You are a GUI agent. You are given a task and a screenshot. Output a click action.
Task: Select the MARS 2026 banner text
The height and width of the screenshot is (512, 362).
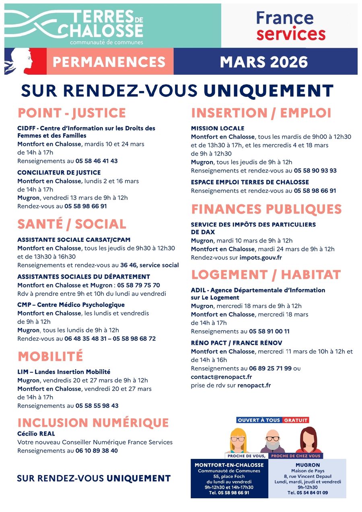coord(264,62)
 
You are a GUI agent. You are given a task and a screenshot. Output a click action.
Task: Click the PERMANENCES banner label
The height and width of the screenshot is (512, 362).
coord(109,62)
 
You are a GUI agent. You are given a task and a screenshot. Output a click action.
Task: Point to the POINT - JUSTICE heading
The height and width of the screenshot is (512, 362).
coord(72,113)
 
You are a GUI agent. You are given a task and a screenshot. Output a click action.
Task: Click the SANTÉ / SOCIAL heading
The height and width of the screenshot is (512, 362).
coord(72,224)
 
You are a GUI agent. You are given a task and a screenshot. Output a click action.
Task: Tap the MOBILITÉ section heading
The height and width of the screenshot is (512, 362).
coord(50,356)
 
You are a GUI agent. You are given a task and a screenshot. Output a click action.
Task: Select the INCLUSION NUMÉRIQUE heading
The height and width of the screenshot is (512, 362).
coord(93,423)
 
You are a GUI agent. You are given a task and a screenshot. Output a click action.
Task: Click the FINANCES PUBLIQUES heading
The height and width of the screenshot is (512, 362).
coord(266,209)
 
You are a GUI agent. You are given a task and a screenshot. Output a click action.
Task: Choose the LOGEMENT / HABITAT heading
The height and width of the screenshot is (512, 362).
coord(266,275)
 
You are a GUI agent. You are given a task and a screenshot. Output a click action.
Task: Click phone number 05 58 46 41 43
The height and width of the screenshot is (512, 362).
coord(97,161)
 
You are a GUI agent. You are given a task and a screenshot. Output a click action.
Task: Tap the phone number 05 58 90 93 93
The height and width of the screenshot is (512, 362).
coord(315,171)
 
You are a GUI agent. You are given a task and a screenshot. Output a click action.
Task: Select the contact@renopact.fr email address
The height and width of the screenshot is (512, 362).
coord(221,377)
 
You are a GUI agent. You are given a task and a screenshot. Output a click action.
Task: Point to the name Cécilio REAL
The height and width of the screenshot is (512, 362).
coord(36,434)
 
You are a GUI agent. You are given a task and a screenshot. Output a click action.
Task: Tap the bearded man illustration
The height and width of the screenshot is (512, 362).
coord(273,442)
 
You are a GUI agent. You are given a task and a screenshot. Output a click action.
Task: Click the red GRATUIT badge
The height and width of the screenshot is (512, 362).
coord(296,420)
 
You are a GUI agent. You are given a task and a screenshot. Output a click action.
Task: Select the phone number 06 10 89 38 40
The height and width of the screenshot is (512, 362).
coord(97,451)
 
